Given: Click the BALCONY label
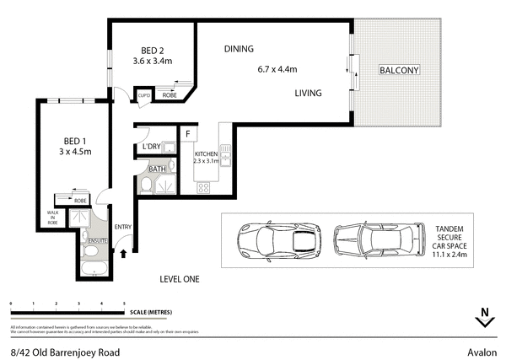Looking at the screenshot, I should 398,69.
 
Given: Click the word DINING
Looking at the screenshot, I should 239,49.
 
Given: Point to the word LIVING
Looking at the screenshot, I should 309,94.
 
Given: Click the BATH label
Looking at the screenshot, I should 158,169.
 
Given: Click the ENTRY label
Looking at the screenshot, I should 124,227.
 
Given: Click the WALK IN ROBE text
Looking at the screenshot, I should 51,218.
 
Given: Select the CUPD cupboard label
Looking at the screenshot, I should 143,97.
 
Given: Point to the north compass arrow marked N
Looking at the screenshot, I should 483,318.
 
